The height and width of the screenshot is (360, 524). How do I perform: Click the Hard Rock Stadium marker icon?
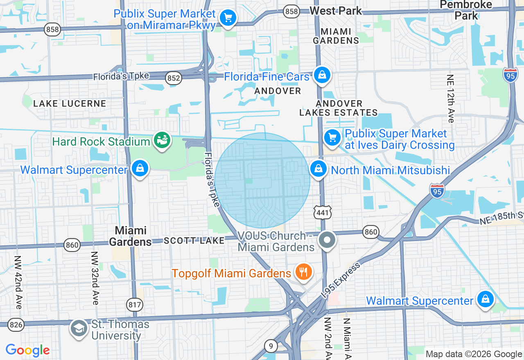click(162, 141)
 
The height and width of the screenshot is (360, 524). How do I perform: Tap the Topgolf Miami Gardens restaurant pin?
click(303, 272)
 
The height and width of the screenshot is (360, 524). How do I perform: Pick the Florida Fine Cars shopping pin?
click(322, 75)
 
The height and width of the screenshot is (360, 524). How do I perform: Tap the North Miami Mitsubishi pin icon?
click(318, 169)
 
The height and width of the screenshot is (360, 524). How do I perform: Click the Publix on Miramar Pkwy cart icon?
click(228, 18)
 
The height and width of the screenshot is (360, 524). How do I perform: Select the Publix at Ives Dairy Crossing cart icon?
click(332, 138)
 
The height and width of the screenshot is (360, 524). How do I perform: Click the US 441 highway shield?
click(323, 212)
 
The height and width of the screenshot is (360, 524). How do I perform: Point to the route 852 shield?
click(174, 78)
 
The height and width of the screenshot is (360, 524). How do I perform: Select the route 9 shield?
click(271, 346)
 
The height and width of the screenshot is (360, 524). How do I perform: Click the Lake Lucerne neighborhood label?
click(70, 103)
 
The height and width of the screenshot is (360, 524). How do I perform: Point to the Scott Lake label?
click(194, 241)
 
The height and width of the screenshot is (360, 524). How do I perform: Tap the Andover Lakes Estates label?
click(339, 108)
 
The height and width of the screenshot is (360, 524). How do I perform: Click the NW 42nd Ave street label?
click(18, 282)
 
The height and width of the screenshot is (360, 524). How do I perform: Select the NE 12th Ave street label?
click(451, 98)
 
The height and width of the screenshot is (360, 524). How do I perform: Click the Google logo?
click(28, 350)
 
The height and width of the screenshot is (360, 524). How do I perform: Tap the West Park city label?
click(336, 11)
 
